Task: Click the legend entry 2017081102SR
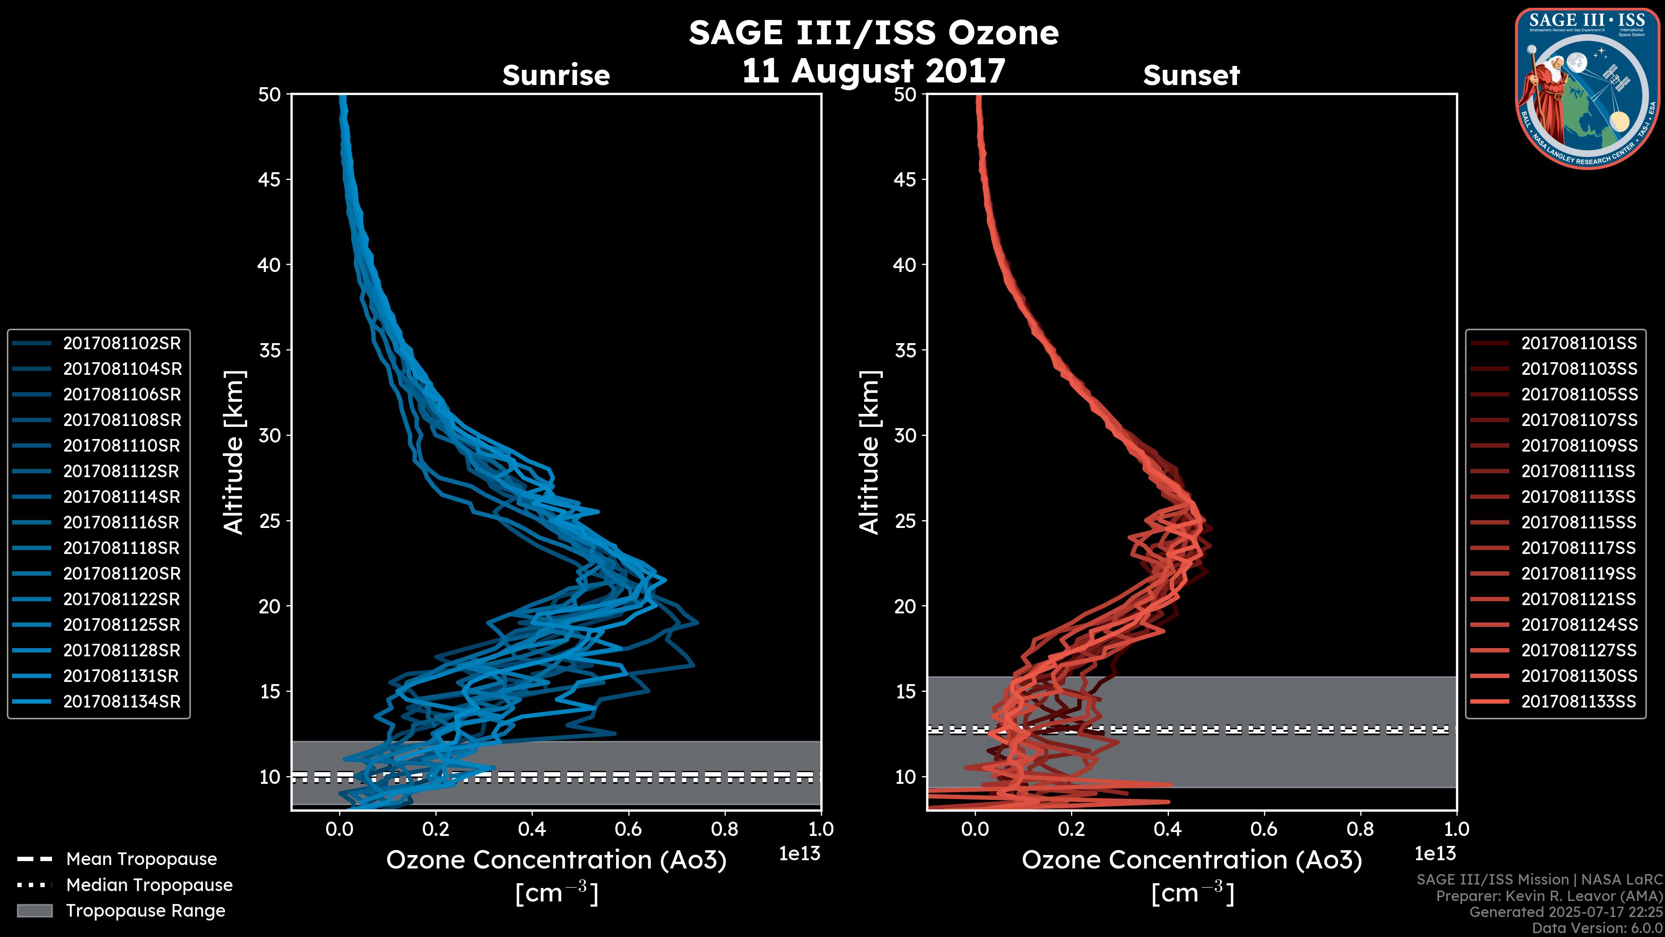tap(121, 344)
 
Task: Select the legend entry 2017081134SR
tap(121, 701)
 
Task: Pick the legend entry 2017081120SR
tap(121, 573)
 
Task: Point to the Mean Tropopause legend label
tap(141, 859)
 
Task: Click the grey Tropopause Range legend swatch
tap(34, 911)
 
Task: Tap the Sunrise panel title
tap(556, 75)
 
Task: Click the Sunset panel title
tap(1191, 75)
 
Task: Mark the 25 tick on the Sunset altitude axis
tap(905, 521)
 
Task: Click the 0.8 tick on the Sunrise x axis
tap(724, 829)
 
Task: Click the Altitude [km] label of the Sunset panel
tap(870, 452)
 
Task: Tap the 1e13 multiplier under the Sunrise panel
tap(800, 854)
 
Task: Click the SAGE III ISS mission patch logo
tap(1586, 88)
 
